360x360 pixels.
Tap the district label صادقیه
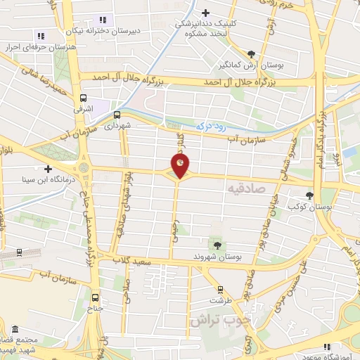click(245, 188)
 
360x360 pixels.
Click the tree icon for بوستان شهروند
click(217, 245)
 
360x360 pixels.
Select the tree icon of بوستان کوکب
click(309, 195)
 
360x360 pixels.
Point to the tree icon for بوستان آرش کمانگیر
click(251, 53)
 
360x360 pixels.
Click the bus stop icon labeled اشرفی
click(84, 98)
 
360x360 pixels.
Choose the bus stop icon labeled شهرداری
click(117, 115)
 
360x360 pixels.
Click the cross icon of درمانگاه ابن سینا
click(48, 169)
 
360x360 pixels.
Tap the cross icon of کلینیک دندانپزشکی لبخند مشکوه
click(205, 12)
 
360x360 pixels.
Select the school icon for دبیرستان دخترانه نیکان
click(103, 20)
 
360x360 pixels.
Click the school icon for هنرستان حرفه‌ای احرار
click(41, 34)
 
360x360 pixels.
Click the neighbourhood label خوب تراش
click(219, 320)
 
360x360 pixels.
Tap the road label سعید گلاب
click(146, 262)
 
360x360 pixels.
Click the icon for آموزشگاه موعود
click(326, 347)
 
